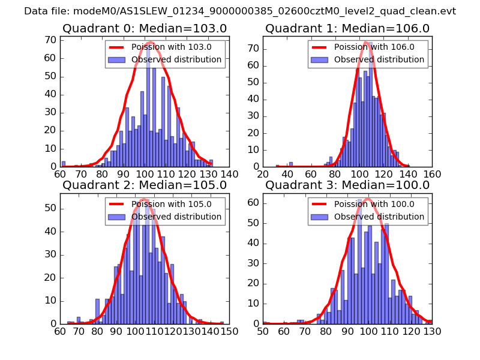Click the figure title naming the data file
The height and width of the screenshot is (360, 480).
tap(240, 11)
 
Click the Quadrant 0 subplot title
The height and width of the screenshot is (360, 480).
tap(145, 28)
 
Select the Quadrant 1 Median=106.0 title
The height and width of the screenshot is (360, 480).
tap(347, 28)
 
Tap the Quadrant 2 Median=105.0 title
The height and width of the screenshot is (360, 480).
tap(145, 185)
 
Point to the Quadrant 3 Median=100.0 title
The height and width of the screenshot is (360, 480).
tap(347, 185)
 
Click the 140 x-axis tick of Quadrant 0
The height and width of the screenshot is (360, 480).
tap(229, 173)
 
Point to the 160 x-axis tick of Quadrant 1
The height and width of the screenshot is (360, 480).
tap(432, 173)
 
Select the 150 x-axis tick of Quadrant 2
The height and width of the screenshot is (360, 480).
tap(229, 331)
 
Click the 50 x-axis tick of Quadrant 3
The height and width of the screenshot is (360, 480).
tap(263, 331)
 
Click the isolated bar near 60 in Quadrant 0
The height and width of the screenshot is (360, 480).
tap(64, 164)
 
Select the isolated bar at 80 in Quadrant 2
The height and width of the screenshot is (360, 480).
tap(97, 311)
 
